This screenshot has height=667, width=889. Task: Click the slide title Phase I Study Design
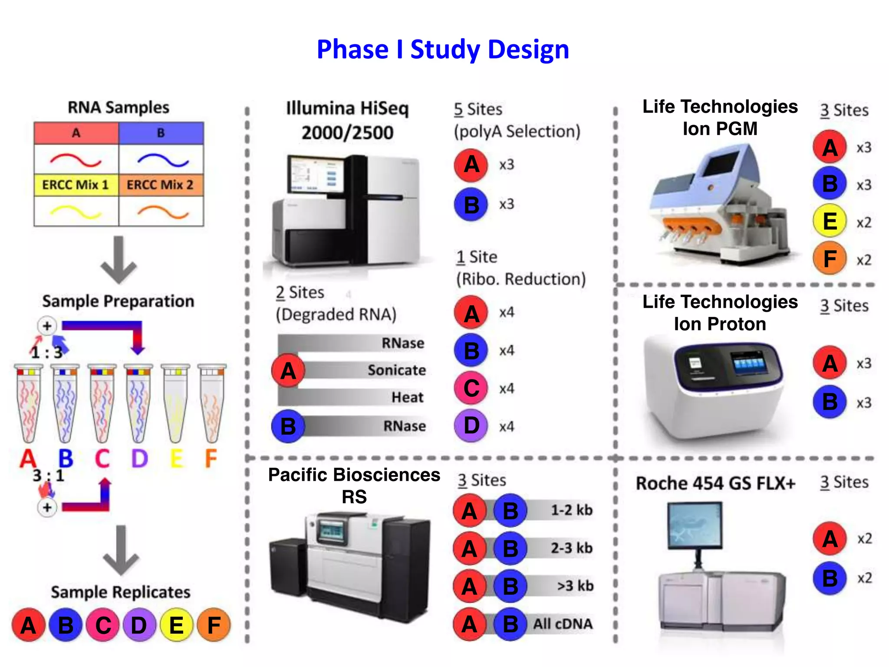tap(443, 49)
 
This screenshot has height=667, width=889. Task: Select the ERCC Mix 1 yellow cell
tap(76, 185)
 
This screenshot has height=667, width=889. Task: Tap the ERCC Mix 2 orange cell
tap(161, 185)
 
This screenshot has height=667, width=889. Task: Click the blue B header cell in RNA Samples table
tap(161, 133)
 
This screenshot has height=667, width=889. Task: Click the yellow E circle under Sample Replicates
tap(176, 625)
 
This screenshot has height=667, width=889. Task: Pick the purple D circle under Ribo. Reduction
tap(471, 426)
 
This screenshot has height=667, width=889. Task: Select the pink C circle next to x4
tap(471, 388)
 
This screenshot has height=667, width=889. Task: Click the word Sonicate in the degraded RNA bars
tap(396, 370)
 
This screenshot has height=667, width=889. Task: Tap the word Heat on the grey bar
tap(407, 397)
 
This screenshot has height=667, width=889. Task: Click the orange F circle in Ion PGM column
tap(830, 259)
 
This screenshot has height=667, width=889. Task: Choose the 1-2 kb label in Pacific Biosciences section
tap(571, 510)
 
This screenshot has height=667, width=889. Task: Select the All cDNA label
tap(563, 624)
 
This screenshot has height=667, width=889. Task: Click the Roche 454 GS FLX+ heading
tap(715, 483)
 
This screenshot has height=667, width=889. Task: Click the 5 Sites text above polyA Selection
tap(478, 109)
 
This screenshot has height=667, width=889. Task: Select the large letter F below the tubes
tap(211, 458)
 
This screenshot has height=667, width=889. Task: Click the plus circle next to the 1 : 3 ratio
tap(47, 326)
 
